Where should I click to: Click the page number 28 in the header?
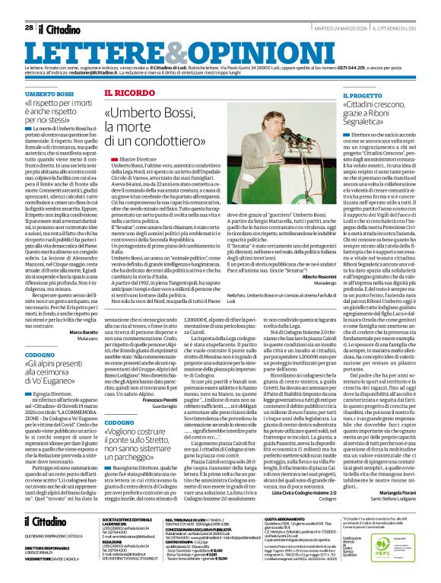(28, 27)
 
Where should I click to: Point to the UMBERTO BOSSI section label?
(47, 92)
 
